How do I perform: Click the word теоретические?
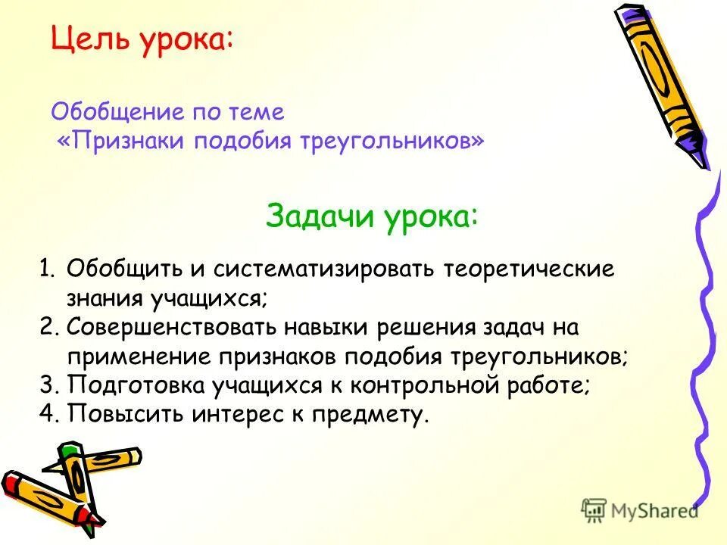pos(529,269)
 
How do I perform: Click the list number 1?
pos(47,269)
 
